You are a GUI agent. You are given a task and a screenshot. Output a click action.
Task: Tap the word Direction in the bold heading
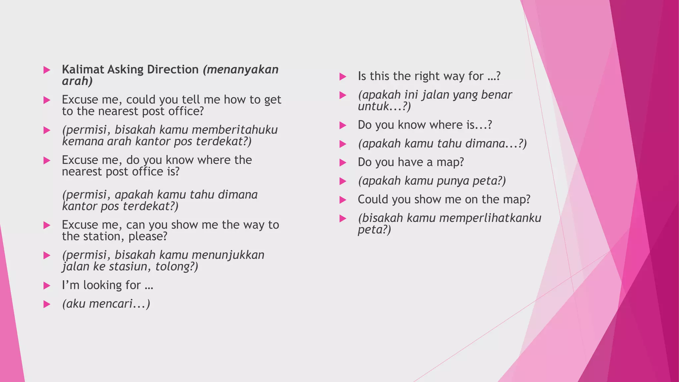(x=173, y=69)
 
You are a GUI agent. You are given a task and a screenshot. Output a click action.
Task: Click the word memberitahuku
(x=234, y=130)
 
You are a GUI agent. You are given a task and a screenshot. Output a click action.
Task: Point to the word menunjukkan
(x=228, y=255)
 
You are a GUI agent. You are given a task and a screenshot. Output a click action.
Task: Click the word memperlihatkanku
(x=474, y=218)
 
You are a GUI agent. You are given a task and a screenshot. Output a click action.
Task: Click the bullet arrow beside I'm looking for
(x=47, y=286)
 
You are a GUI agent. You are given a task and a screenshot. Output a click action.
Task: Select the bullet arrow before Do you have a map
(x=343, y=162)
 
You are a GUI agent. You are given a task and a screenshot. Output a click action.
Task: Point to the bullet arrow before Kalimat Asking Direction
(x=47, y=70)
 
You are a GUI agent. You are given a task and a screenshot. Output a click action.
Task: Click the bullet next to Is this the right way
(x=343, y=77)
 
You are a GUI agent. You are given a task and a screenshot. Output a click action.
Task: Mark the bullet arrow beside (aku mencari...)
(x=47, y=304)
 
